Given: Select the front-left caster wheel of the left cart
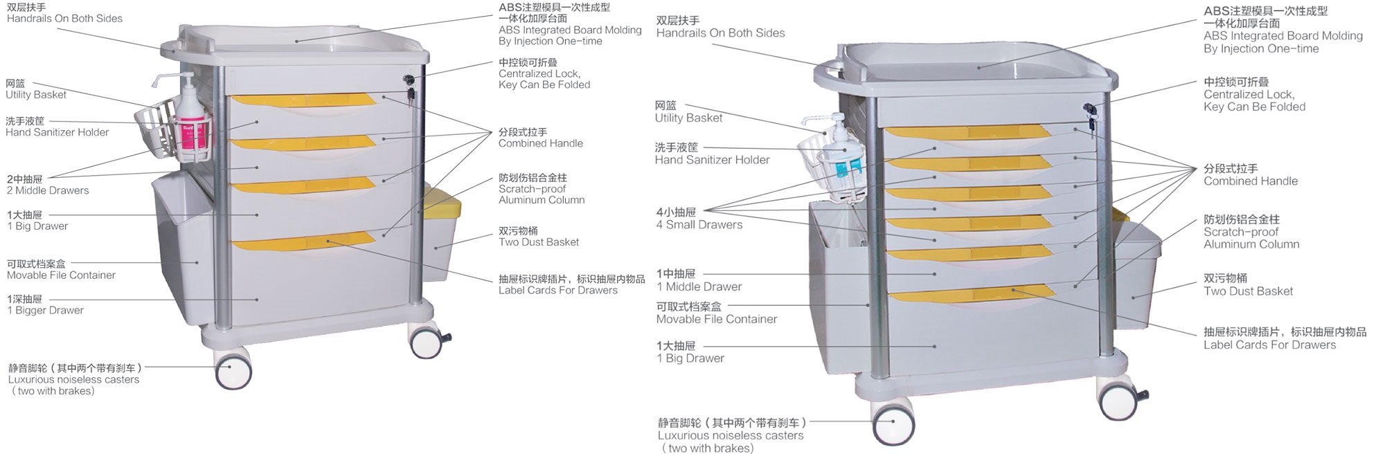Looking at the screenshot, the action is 233,373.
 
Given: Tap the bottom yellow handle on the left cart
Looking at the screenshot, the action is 303,243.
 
